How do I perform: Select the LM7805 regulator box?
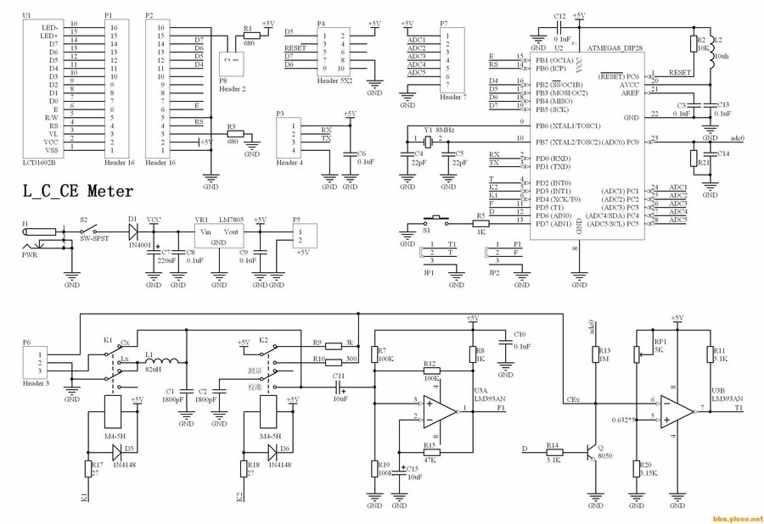tap(218, 234)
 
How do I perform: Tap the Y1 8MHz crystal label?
tap(438, 130)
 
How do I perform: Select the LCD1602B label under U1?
tap(38, 162)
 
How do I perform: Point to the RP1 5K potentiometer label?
tap(658, 345)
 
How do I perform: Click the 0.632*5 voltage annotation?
tap(626, 419)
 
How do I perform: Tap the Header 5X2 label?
tap(333, 83)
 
